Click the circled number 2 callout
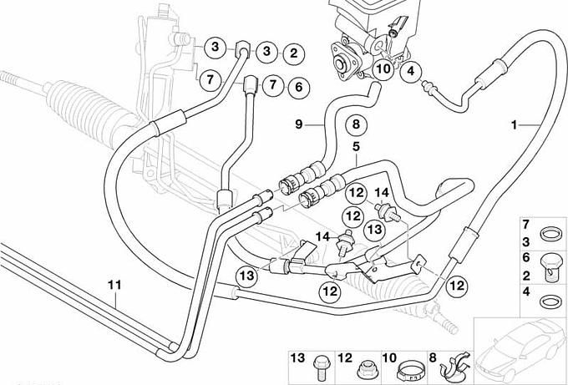coord(293,53)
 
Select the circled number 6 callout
coord(297,86)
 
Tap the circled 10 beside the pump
coord(383,69)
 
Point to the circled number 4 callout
coord(410,73)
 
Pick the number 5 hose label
coord(355,147)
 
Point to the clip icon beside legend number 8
coord(456,366)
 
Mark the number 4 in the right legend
coord(526,292)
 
